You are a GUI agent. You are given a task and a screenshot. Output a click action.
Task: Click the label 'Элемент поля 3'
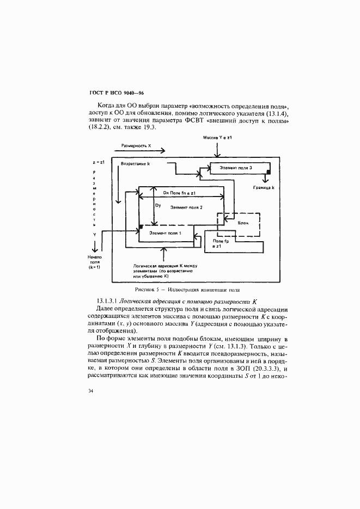(x=235, y=169)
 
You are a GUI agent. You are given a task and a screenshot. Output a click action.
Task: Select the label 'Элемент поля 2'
(x=186, y=207)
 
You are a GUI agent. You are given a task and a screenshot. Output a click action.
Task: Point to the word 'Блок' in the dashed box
(x=243, y=223)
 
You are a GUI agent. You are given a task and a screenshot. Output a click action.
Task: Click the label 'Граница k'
(x=263, y=188)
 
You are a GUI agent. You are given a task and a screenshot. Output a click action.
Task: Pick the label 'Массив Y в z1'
(x=218, y=138)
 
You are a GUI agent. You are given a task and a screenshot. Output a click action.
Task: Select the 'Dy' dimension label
(x=157, y=205)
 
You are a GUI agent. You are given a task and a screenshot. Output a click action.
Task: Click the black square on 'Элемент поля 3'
(x=269, y=173)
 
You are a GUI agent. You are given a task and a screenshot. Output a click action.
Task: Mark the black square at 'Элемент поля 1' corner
(x=141, y=226)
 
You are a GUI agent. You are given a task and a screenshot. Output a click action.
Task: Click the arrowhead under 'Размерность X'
(x=162, y=152)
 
